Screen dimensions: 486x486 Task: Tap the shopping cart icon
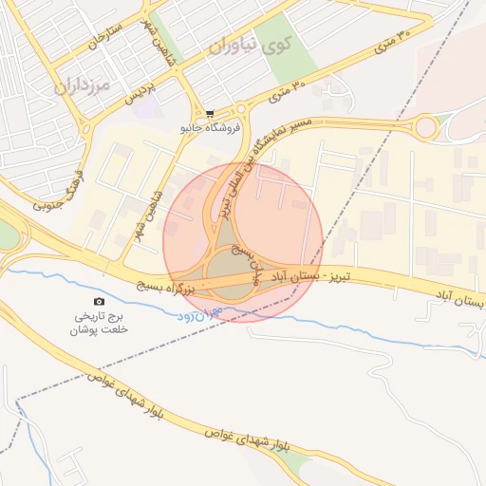(210, 113)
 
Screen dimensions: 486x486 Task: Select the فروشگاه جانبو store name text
(211, 126)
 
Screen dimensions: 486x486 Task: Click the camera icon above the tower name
(101, 302)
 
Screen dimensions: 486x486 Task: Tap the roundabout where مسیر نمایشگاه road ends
(426, 126)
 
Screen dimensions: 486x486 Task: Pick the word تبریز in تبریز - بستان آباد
(336, 275)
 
